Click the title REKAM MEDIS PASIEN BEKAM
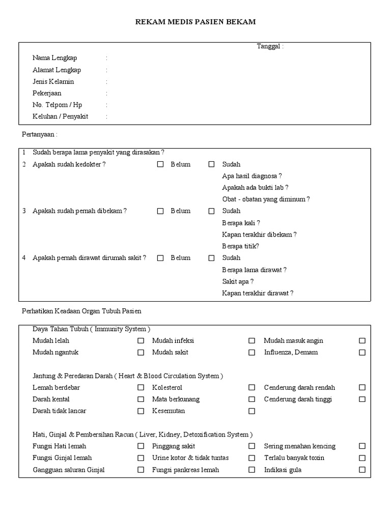[195, 22]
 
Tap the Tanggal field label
[270, 46]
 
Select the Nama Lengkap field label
[55, 58]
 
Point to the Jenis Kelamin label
[53, 81]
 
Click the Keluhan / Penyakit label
[61, 117]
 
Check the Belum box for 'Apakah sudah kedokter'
[160, 164]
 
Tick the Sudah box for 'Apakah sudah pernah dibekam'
[211, 211]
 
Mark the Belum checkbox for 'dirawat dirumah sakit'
[160, 258]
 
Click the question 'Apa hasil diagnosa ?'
[252, 176]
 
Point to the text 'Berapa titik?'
[241, 246]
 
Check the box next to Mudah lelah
[141, 340]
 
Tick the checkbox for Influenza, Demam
[362, 352]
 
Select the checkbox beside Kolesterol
[252, 388]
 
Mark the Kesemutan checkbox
[252, 411]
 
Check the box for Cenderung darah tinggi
[362, 399]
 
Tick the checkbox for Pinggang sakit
[252, 446]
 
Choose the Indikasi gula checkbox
[362, 470]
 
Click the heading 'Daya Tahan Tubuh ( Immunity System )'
[92, 329]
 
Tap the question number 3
[24, 211]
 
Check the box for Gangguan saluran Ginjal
[141, 470]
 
